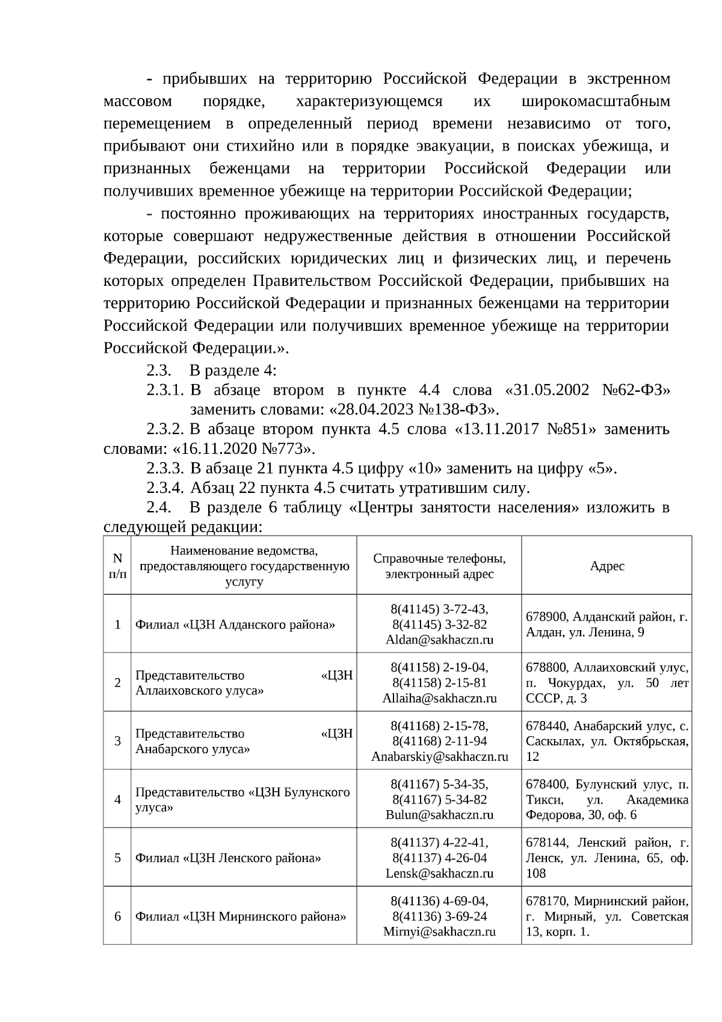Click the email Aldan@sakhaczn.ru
[x=439, y=640]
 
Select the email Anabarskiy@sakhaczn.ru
[x=439, y=757]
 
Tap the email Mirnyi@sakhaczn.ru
[x=439, y=932]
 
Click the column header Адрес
[x=606, y=566]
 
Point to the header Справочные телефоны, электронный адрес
[x=439, y=566]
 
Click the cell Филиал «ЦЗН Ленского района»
[x=227, y=858]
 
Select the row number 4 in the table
[x=117, y=799]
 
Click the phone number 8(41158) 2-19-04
[x=439, y=667]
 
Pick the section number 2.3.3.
[x=164, y=468]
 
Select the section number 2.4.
[x=158, y=507]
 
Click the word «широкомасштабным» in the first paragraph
[x=596, y=101]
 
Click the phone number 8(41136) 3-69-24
[x=439, y=916]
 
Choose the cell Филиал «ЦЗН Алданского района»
[x=235, y=624]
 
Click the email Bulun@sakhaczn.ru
[x=439, y=815]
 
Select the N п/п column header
[x=117, y=566]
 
